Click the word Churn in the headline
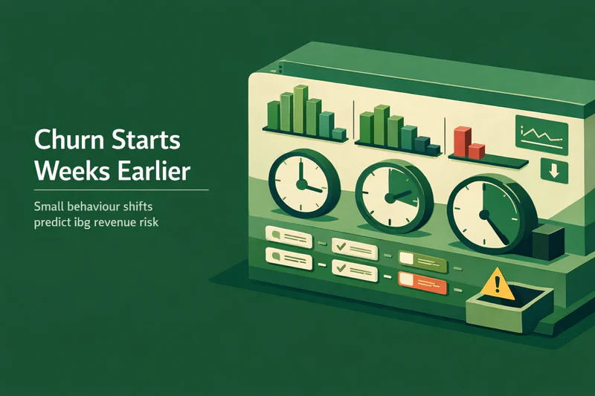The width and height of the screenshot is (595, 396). pyautogui.click(x=69, y=140)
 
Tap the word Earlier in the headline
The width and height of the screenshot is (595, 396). pyautogui.click(x=153, y=171)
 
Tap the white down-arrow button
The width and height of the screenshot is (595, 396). pyautogui.click(x=554, y=171)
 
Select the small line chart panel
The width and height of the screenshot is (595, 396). pyautogui.click(x=541, y=135)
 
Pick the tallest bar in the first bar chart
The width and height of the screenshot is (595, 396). pyautogui.click(x=300, y=109)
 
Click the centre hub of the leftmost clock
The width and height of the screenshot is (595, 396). pyautogui.click(x=301, y=185)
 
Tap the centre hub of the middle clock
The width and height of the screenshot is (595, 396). pyautogui.click(x=390, y=198)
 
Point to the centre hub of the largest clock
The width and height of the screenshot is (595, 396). pyautogui.click(x=485, y=215)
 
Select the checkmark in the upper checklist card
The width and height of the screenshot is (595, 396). pyautogui.click(x=341, y=247)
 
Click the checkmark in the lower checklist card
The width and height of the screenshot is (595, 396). pyautogui.click(x=341, y=268)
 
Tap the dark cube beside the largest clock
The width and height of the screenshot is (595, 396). pyautogui.click(x=547, y=242)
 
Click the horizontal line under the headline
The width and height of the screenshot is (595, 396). pyautogui.click(x=121, y=190)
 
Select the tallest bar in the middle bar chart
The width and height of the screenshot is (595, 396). pyautogui.click(x=382, y=125)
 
